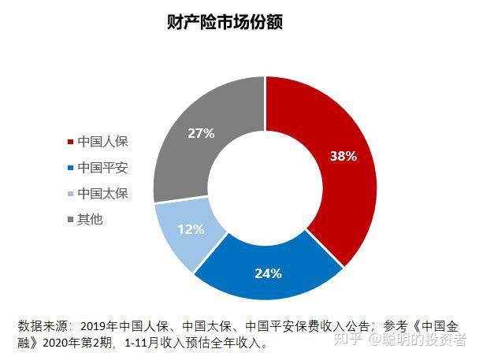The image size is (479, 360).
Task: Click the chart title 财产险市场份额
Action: (x=225, y=21)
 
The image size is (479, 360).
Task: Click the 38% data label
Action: (x=343, y=156)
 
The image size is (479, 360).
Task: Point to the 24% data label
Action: (x=268, y=274)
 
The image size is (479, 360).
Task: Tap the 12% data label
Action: (x=191, y=230)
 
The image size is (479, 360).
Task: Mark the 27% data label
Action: (x=201, y=133)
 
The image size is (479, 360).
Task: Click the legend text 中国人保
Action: (x=102, y=142)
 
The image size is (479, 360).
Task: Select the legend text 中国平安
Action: (x=102, y=168)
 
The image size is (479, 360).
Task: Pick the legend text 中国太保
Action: (x=102, y=194)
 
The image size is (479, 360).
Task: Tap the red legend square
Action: (x=71, y=143)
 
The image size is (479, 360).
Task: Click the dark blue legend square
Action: (x=71, y=168)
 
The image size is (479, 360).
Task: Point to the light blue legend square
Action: (x=71, y=194)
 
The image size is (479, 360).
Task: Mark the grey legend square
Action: (x=71, y=219)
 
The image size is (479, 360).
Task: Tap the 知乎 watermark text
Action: (x=349, y=340)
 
